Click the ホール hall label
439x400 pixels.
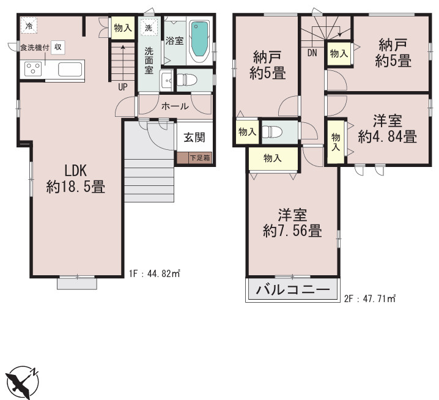coord(175,106)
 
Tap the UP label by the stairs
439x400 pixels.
coord(123,86)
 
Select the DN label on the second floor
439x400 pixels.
coord(312,53)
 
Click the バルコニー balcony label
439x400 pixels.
coord(292,290)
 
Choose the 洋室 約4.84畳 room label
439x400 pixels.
coord(387,129)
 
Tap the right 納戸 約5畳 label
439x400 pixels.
coord(391,53)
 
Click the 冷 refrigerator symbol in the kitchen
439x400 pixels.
coord(29,26)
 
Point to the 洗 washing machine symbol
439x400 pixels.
coord(148,28)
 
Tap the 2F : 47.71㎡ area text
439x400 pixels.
coord(369,299)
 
